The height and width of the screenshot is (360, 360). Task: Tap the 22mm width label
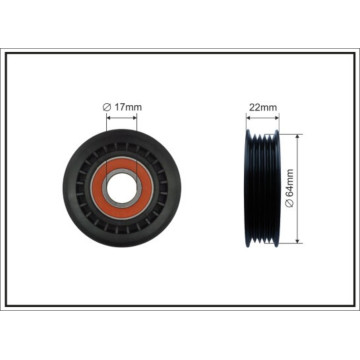point(263,107)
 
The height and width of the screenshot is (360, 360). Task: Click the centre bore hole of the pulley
point(122,188)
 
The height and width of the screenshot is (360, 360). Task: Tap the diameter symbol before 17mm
point(107,107)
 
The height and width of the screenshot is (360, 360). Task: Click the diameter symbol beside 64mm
point(290,204)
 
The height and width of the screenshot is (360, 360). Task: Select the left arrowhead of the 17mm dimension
point(109,117)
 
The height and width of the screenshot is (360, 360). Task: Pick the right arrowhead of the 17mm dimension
point(135,117)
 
